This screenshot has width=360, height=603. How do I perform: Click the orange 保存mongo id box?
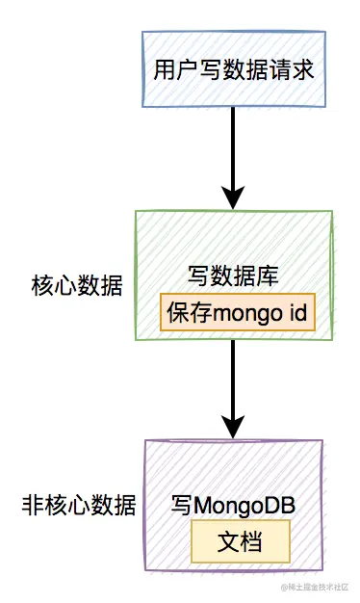point(237,314)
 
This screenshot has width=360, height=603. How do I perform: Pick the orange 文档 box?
point(240,541)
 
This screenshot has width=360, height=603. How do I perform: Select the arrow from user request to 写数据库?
point(233,154)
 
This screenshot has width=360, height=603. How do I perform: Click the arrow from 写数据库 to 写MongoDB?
point(233,385)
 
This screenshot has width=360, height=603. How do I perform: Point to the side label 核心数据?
point(77,286)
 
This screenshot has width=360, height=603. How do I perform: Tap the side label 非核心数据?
point(79,505)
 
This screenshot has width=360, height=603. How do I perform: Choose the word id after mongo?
point(292,314)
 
